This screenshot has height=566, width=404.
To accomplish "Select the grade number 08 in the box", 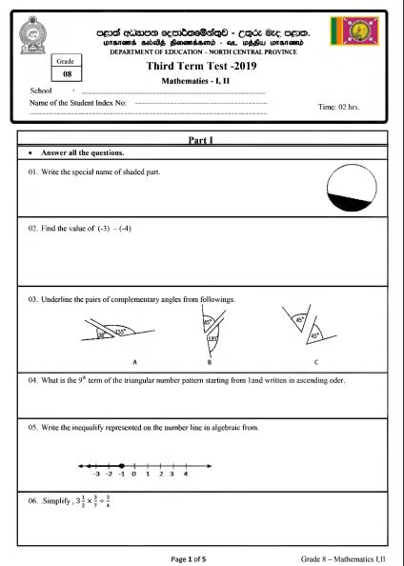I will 67,72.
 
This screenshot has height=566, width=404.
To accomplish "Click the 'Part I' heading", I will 202,140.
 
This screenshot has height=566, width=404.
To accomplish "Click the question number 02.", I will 32,230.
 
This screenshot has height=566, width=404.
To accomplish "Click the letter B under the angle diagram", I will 209,362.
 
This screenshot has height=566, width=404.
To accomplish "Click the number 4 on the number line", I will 185,475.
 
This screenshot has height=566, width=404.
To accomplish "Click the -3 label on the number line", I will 96,475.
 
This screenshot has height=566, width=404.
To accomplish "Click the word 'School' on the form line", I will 44,91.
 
